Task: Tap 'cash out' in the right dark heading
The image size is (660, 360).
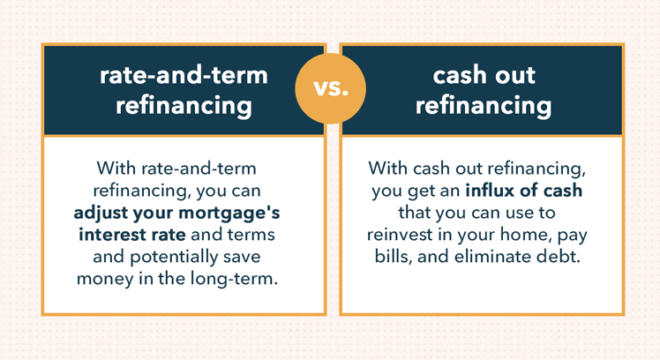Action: tap(483, 76)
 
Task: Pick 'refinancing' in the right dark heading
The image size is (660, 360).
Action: tap(483, 107)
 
